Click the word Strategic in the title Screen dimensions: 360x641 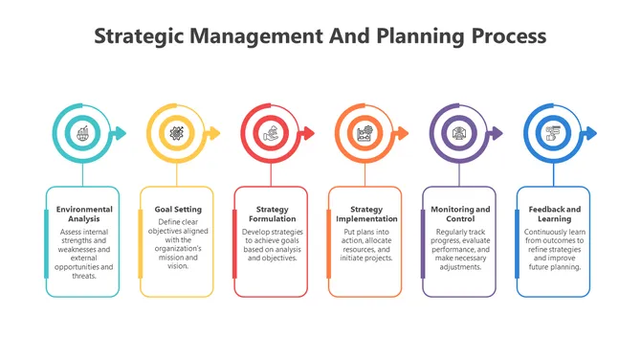point(141,36)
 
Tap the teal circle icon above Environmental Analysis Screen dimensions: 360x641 point(83,133)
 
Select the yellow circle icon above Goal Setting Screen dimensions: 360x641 point(177,133)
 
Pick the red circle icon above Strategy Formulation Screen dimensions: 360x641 point(271,133)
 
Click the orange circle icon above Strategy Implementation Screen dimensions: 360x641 point(365,133)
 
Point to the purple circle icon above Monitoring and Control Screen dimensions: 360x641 point(458,133)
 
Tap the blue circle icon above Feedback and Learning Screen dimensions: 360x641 point(553,133)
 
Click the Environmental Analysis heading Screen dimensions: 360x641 point(84,214)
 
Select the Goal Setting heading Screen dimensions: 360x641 point(178,209)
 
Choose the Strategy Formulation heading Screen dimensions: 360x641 point(272,214)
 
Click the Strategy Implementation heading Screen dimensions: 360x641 point(365,214)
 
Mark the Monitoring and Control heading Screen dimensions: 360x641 point(460,214)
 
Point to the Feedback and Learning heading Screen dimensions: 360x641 point(554,214)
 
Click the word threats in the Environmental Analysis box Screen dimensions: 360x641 point(84,275)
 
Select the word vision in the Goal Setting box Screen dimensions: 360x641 point(178,266)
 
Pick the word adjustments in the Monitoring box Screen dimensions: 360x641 point(460,266)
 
